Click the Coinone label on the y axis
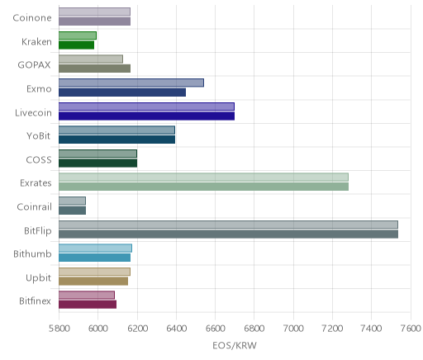[32, 18]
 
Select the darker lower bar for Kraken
[76, 45]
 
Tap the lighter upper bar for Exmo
[131, 83]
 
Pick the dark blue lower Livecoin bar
[146, 116]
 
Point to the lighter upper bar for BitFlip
[228, 225]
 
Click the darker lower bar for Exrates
[203, 187]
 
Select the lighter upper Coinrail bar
[72, 201]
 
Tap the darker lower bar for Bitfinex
[88, 305]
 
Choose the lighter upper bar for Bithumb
[95, 248]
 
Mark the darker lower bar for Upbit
[93, 281]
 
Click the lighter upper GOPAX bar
[91, 59]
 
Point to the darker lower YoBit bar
[116, 140]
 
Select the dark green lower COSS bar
[97, 163]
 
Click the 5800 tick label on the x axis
[59, 329]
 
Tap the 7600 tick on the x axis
[411, 329]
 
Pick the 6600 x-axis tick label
[215, 329]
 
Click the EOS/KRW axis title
[235, 346]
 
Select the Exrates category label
[36, 183]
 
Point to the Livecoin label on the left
[33, 113]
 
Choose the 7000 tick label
[293, 329]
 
